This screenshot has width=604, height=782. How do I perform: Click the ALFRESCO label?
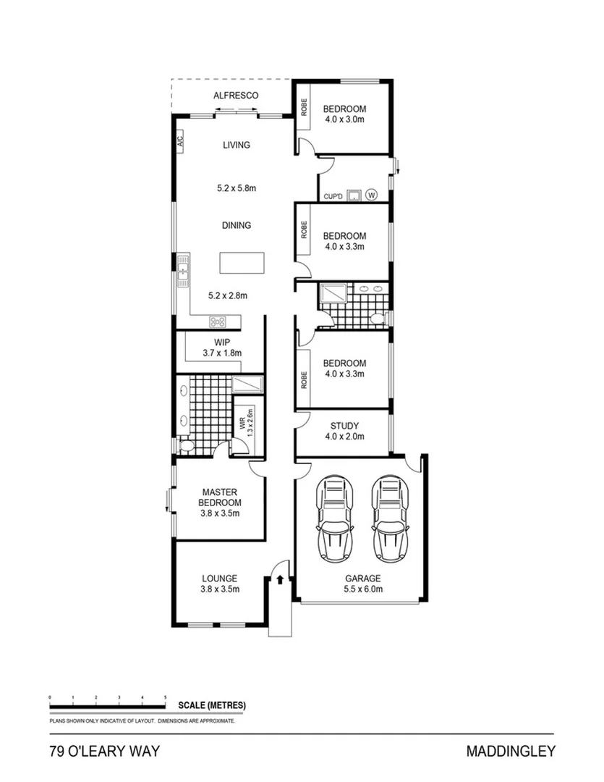tap(236, 96)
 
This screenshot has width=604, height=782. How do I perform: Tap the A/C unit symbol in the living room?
tap(180, 140)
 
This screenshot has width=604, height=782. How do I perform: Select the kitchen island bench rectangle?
tap(242, 263)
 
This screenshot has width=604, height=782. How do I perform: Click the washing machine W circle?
tap(372, 194)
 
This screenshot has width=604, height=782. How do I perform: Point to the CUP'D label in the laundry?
tap(332, 195)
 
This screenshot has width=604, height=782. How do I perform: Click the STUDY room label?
tap(344, 426)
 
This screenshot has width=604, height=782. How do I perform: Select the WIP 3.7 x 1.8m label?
tap(222, 348)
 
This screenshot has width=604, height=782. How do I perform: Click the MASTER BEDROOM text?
tap(221, 497)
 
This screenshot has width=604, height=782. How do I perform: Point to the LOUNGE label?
tap(220, 579)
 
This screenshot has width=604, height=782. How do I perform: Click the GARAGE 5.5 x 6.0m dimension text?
tap(363, 589)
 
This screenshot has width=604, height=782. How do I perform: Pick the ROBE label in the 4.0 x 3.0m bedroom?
tap(304, 107)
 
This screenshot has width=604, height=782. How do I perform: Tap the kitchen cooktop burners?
tap(218, 321)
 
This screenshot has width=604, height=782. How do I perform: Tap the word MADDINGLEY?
tap(511, 752)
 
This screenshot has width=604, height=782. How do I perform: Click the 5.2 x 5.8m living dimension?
tap(237, 188)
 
